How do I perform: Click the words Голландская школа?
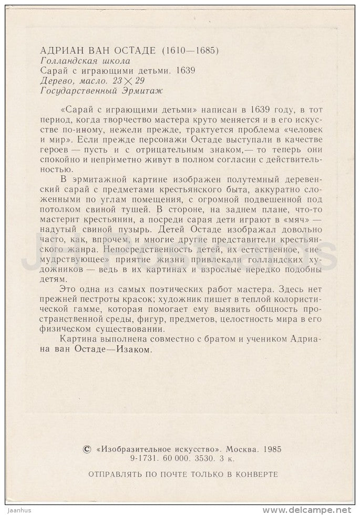(85, 61)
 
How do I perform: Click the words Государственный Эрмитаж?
(101, 90)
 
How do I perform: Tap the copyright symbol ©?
(87, 449)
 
